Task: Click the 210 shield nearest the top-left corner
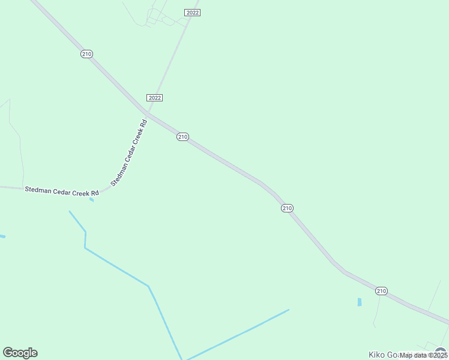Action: pos(86,54)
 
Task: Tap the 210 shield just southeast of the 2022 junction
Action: pos(183,137)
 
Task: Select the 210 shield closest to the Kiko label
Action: pos(381,291)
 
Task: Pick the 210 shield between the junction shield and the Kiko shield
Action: pos(287,208)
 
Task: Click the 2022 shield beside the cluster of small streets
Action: pos(192,13)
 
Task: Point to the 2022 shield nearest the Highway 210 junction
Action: pos(154,97)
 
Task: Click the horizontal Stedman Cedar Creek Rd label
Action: pos(61,191)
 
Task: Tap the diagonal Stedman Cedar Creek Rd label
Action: pos(128,153)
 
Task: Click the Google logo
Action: pos(20,353)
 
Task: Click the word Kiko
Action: pos(376,355)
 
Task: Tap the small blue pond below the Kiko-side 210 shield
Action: pos(360,302)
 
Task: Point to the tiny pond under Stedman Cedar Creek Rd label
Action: pos(91,200)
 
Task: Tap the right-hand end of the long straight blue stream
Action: pos(288,310)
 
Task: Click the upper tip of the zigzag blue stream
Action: pos(70,211)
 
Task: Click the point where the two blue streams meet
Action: pos(182,358)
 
